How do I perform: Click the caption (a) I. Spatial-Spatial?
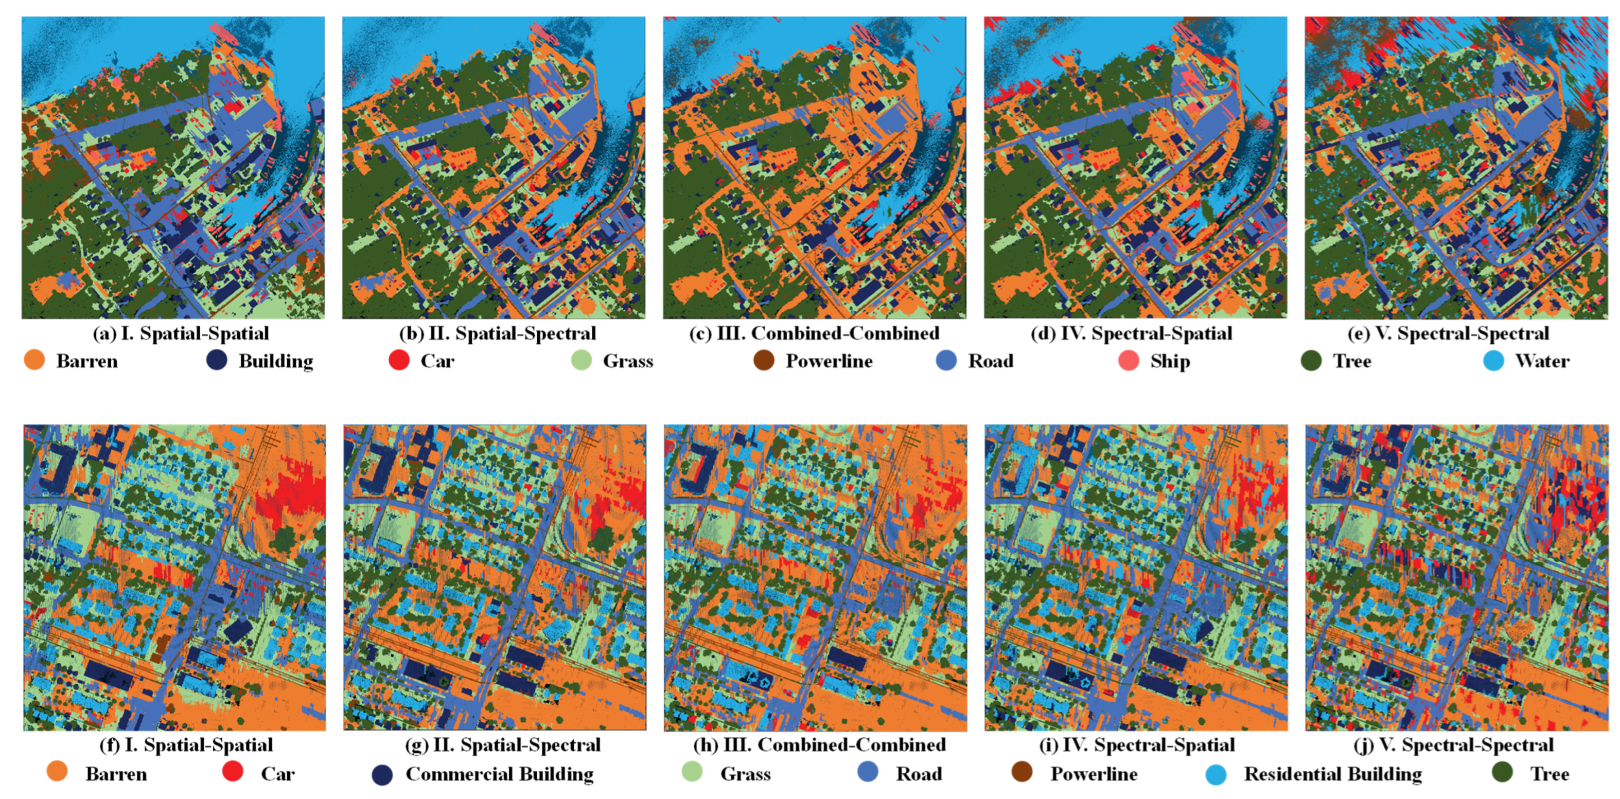pyautogui.click(x=181, y=333)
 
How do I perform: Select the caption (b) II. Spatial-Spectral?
pyautogui.click(x=498, y=333)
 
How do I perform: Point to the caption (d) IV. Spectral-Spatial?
pyautogui.click(x=1131, y=333)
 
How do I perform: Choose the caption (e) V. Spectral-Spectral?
pyautogui.click(x=1448, y=333)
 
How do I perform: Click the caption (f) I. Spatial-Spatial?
pyautogui.click(x=186, y=745)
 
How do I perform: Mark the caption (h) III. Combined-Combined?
pyautogui.click(x=819, y=745)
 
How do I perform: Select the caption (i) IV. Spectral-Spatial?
pyautogui.click(x=1136, y=745)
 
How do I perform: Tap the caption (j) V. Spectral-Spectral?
pyautogui.click(x=1453, y=745)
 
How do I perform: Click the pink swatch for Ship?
pyautogui.click(x=1129, y=361)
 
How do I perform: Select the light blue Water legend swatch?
pyautogui.click(x=1493, y=361)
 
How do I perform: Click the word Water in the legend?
pyautogui.click(x=1542, y=361)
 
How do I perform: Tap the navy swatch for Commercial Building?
pyautogui.click(x=382, y=774)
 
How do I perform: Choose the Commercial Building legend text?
pyautogui.click(x=499, y=774)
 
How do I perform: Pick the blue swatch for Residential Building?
pyautogui.click(x=1216, y=774)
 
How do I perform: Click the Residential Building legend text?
pyautogui.click(x=1333, y=774)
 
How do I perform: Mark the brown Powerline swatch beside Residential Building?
pyautogui.click(x=1022, y=773)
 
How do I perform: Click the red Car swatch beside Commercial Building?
pyautogui.click(x=233, y=772)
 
